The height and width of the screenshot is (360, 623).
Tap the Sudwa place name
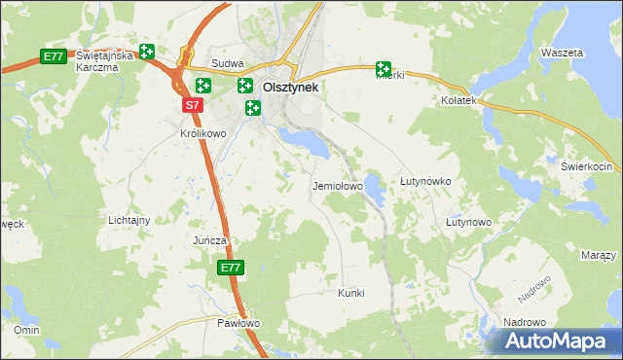(x=227, y=63)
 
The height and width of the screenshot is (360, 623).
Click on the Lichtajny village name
(x=129, y=220)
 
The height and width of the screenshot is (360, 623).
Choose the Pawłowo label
(x=238, y=323)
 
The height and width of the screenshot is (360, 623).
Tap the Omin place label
(x=26, y=330)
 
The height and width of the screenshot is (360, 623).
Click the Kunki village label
(x=350, y=292)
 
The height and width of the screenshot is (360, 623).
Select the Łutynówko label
(x=425, y=182)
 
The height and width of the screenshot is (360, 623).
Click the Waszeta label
(x=562, y=52)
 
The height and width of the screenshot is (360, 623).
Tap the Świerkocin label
(x=584, y=166)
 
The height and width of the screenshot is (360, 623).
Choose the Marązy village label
(x=598, y=255)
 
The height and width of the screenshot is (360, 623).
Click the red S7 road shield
(x=192, y=104)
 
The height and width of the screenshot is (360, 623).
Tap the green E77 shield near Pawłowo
(x=230, y=268)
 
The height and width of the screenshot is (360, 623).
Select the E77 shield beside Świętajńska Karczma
(x=54, y=57)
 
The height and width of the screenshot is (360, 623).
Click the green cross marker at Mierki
(x=384, y=69)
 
